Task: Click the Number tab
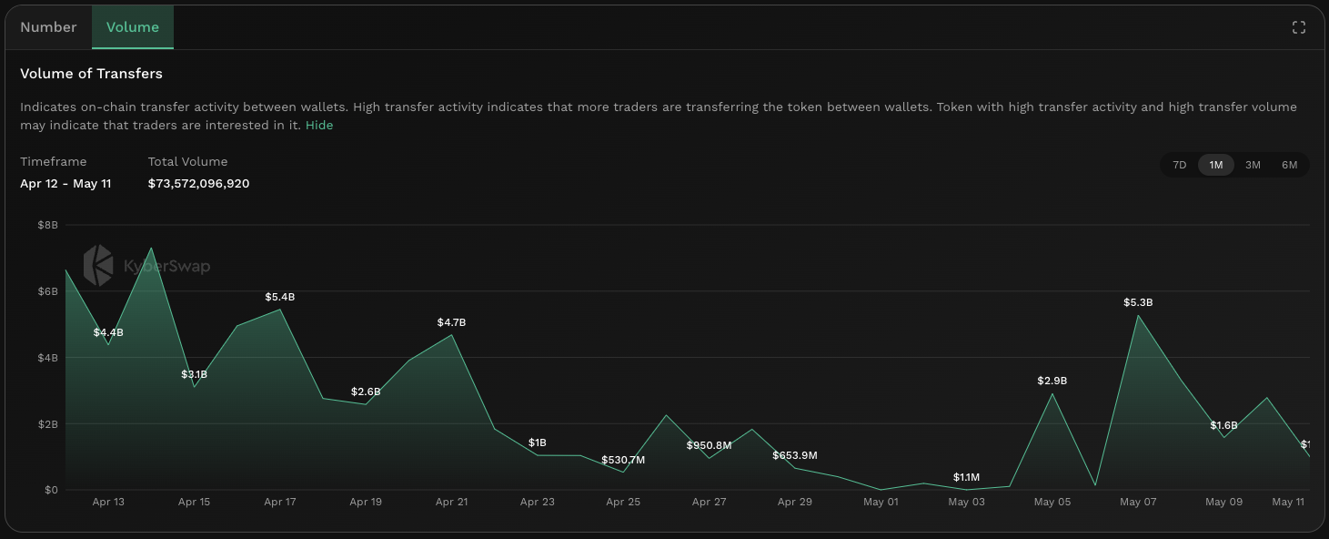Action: (x=48, y=27)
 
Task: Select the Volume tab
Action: (x=133, y=27)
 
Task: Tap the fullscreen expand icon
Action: (x=1299, y=27)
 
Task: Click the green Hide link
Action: (x=319, y=126)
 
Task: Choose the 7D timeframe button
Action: (x=1180, y=165)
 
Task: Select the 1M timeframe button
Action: (x=1216, y=165)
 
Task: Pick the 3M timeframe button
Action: (x=1253, y=165)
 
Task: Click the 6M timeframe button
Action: (x=1289, y=165)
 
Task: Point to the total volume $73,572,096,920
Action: (x=198, y=184)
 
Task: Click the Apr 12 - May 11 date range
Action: (x=65, y=184)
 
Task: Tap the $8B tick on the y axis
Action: (x=47, y=225)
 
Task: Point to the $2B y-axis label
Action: (x=47, y=424)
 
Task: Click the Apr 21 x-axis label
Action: (x=451, y=502)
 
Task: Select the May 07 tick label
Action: (x=1137, y=502)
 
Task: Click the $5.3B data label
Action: (x=1138, y=302)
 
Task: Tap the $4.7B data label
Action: (x=451, y=322)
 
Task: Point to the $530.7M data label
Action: (x=623, y=460)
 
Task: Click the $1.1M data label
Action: (x=966, y=477)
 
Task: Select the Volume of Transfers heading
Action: (x=91, y=74)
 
